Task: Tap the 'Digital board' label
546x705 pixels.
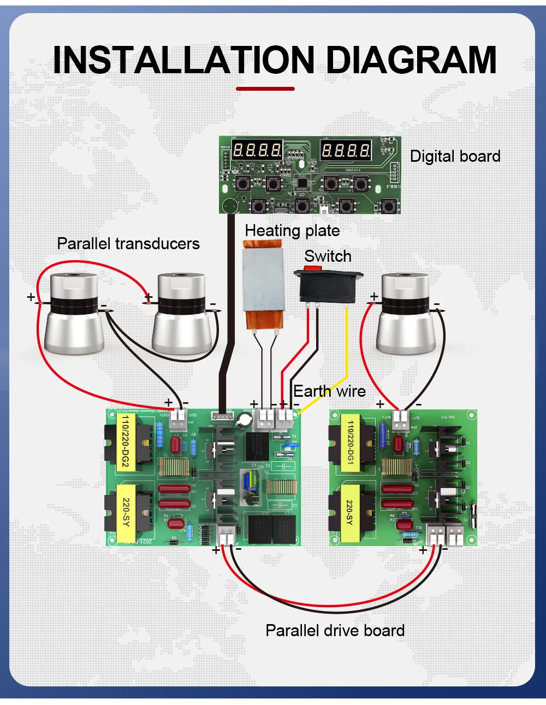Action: [455, 156]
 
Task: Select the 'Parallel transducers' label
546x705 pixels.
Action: [128, 244]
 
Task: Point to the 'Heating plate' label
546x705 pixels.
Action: [292, 231]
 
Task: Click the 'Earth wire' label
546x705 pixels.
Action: [329, 391]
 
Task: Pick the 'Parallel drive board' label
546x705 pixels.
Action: [335, 631]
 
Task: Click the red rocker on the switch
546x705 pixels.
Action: [312, 268]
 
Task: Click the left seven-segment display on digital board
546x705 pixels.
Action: [257, 150]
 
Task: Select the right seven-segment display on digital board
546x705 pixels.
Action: [345, 150]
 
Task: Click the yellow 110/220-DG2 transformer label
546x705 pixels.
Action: [126, 441]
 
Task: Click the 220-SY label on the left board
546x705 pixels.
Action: [126, 512]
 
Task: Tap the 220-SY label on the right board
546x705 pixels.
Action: [349, 513]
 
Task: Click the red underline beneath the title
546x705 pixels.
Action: [265, 89]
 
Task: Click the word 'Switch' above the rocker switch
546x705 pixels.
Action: [328, 256]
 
